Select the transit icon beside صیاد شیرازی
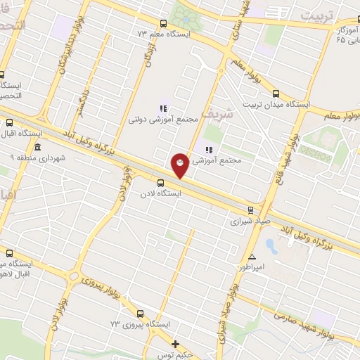(251, 210)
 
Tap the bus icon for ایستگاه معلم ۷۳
(164, 22)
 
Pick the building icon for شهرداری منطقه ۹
(37, 148)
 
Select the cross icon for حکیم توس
(176, 344)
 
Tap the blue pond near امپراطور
(271, 245)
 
